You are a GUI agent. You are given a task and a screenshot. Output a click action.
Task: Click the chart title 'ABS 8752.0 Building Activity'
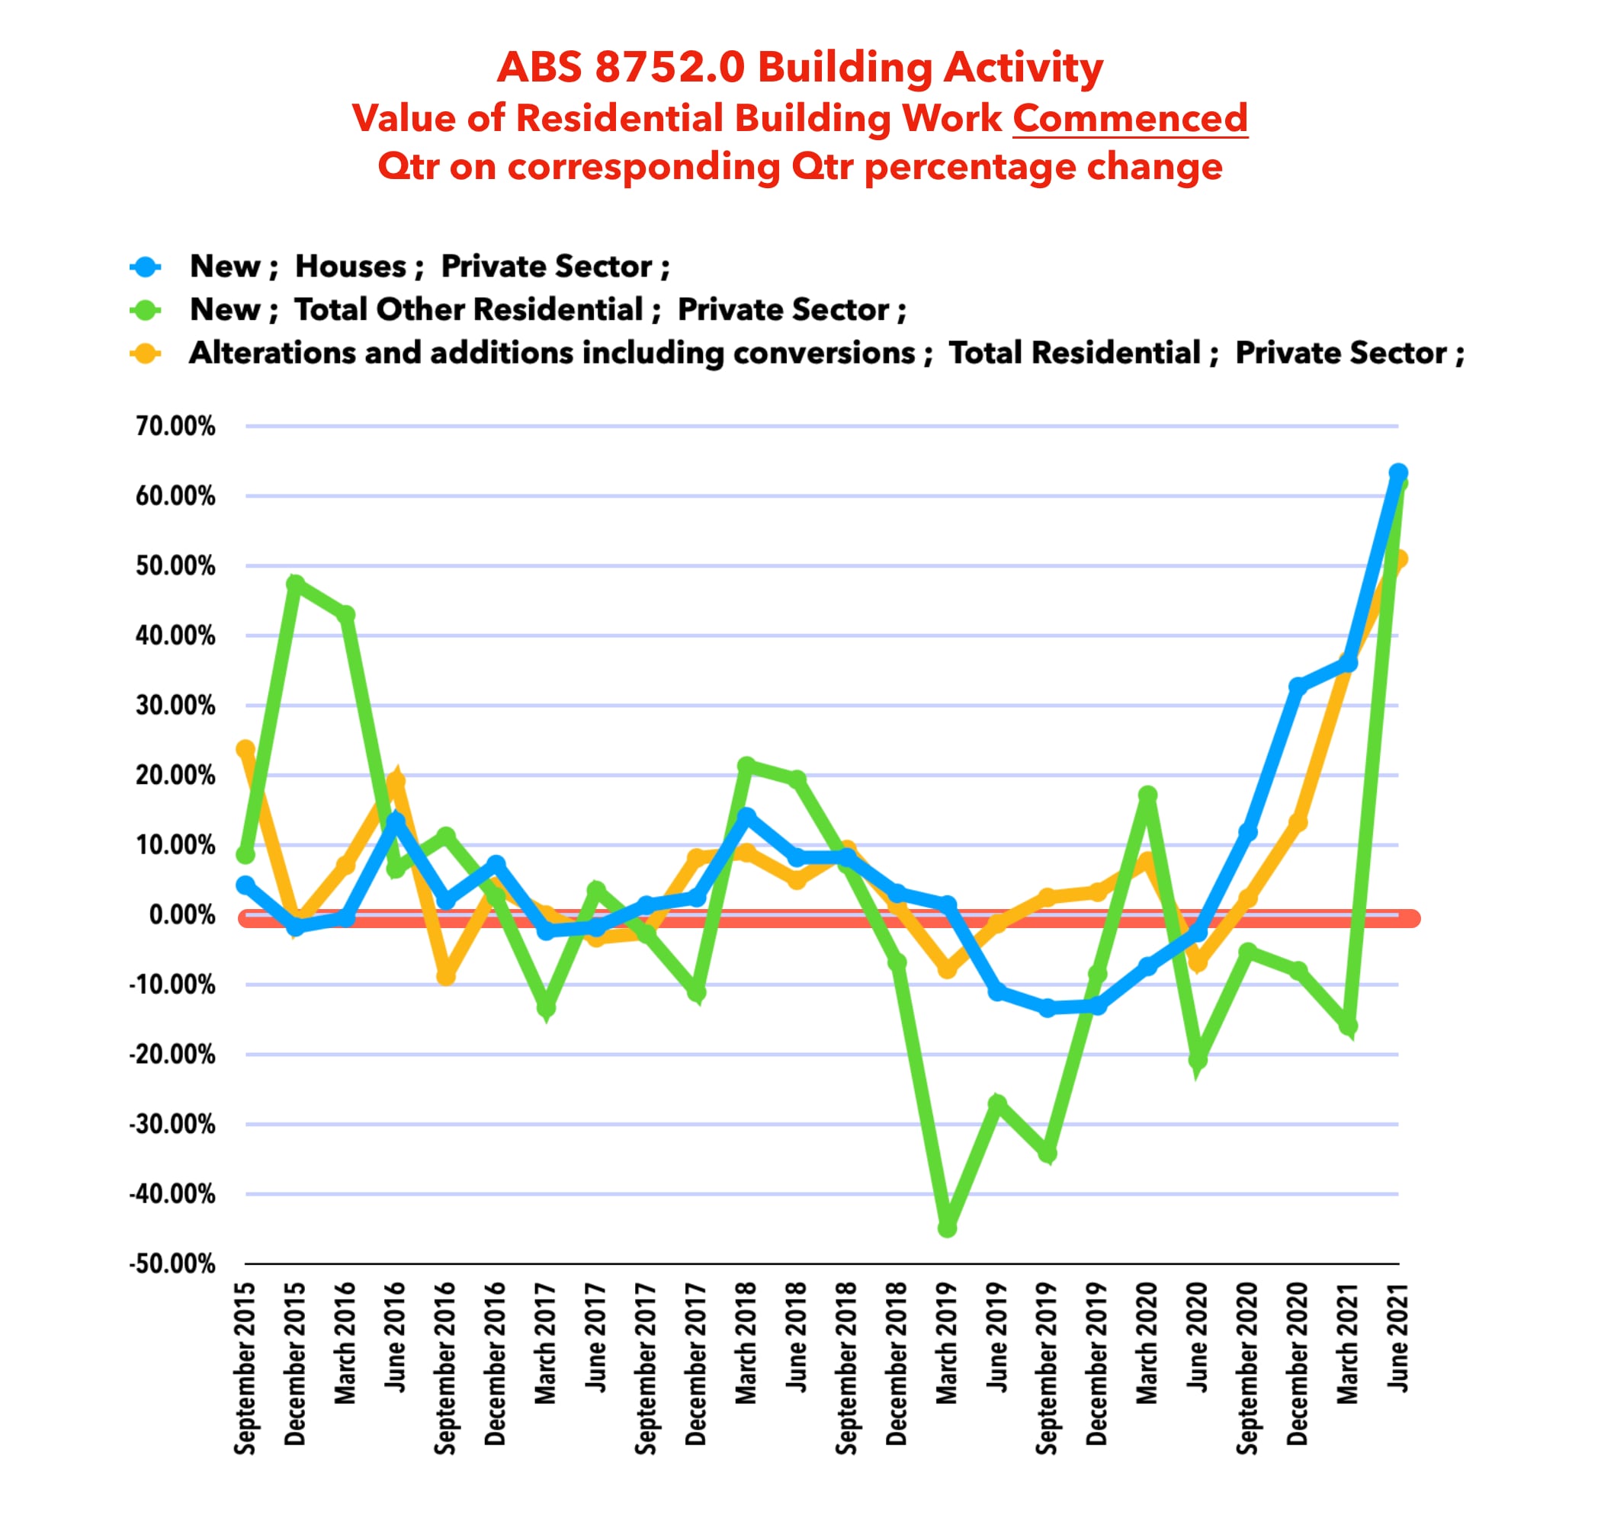[800, 66]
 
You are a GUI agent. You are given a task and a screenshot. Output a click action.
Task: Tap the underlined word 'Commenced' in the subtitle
[1130, 119]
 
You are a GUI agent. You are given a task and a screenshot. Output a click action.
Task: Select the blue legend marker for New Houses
[146, 267]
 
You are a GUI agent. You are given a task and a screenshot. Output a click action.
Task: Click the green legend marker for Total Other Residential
[146, 309]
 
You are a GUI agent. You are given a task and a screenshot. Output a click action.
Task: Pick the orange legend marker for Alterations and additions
[146, 354]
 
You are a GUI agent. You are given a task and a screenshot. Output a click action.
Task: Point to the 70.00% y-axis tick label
[175, 426]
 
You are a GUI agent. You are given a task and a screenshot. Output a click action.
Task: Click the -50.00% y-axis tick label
[172, 1264]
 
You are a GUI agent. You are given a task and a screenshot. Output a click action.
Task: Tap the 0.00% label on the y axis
[182, 914]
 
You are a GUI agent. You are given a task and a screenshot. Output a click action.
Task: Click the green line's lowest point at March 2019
[947, 1228]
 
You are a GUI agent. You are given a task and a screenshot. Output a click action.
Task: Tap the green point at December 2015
[295, 584]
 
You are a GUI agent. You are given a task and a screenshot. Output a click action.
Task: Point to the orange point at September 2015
[245, 749]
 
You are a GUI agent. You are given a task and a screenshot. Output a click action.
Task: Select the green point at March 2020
[1147, 795]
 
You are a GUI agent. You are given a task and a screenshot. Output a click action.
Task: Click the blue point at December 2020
[1298, 687]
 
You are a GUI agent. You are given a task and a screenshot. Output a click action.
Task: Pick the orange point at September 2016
[445, 975]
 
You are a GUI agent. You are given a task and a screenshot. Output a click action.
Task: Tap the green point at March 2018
[746, 765]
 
